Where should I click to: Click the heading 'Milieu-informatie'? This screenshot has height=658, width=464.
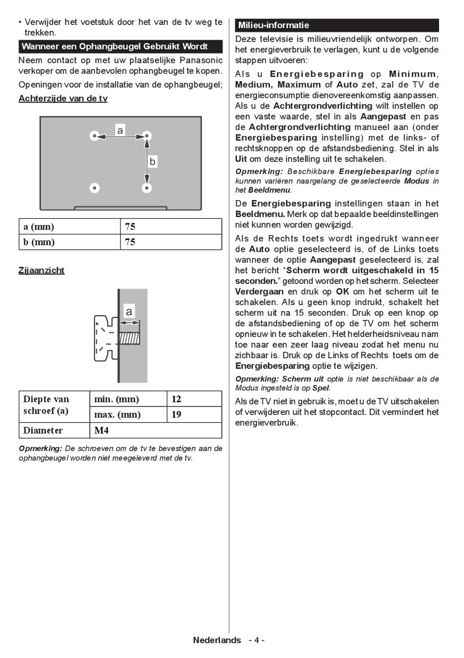[273, 25]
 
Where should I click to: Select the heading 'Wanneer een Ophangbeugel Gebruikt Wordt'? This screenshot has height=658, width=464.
[115, 46]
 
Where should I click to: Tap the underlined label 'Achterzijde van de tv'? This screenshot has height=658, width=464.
[63, 99]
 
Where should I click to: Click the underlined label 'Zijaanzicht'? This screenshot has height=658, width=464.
[41, 270]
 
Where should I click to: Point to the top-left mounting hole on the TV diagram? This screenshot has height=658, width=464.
[94, 136]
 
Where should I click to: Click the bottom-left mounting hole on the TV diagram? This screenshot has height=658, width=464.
[94, 187]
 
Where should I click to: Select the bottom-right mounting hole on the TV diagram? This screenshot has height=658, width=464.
[147, 187]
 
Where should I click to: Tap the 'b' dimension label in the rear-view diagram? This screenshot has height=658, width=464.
[152, 162]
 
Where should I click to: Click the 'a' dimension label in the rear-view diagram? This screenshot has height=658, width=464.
[120, 130]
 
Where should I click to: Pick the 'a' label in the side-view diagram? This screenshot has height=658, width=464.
[128, 311]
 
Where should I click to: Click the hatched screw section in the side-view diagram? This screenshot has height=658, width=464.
[129, 338]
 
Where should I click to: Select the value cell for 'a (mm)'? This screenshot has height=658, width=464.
[171, 227]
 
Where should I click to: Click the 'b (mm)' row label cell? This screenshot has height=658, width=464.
[70, 242]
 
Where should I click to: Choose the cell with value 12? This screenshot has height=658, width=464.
[194, 399]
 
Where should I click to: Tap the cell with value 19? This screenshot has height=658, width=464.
[194, 414]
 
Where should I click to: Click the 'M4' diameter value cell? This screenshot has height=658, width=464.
[156, 430]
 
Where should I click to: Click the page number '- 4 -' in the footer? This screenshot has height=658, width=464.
[256, 640]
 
